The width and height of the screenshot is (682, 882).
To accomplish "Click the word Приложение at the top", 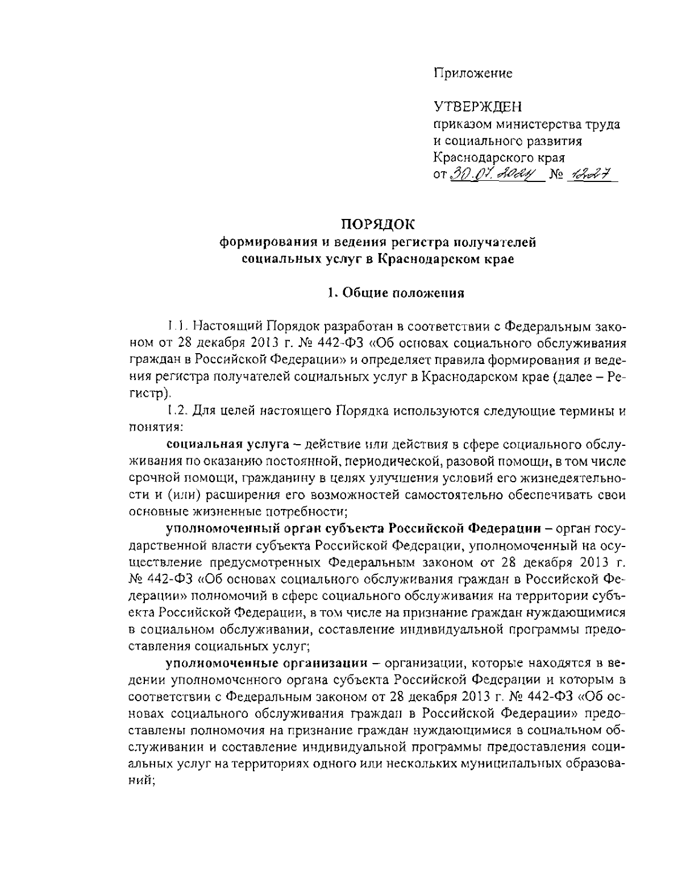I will pos(473,73).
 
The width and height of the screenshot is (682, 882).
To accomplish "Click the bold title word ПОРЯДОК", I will pos(377,225).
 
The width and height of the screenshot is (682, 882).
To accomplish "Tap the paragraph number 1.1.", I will pos(176,327).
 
